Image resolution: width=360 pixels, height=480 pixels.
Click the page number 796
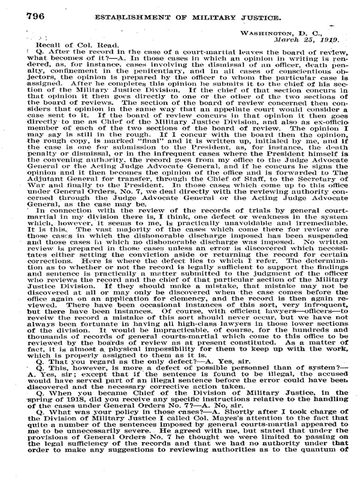(x=35, y=16)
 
